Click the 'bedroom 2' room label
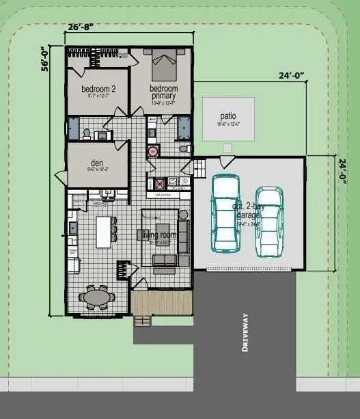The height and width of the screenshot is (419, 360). pos(98,90)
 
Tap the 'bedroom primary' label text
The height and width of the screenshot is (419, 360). pos(163,92)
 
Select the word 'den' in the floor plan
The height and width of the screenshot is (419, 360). pos(98,163)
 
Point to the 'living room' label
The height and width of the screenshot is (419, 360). pos(158,235)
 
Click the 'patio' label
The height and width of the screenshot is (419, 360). pos(227,116)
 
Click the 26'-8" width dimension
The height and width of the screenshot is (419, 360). pos(81,28)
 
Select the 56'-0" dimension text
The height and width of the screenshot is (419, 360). pos(46,59)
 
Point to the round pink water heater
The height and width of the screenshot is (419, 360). pos(153,152)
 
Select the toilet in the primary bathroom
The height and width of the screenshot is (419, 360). pos(182,148)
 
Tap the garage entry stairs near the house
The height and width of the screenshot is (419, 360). pos(199,167)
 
